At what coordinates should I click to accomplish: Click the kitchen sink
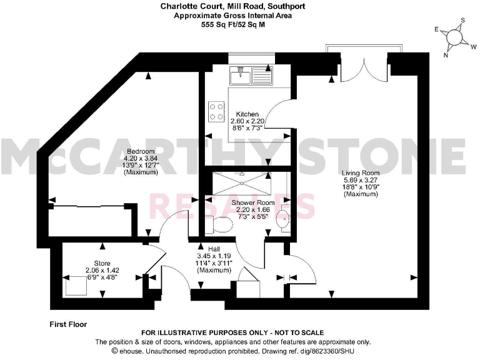tap(250, 77)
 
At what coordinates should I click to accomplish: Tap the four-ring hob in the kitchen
tap(217, 111)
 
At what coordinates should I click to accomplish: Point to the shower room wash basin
tap(285, 219)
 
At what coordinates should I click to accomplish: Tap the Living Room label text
tap(361, 172)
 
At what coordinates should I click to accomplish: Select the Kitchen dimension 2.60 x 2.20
tap(247, 121)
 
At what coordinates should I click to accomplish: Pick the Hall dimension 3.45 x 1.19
tap(214, 256)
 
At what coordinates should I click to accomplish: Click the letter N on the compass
tap(446, 54)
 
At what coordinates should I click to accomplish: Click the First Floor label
tap(68, 324)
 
